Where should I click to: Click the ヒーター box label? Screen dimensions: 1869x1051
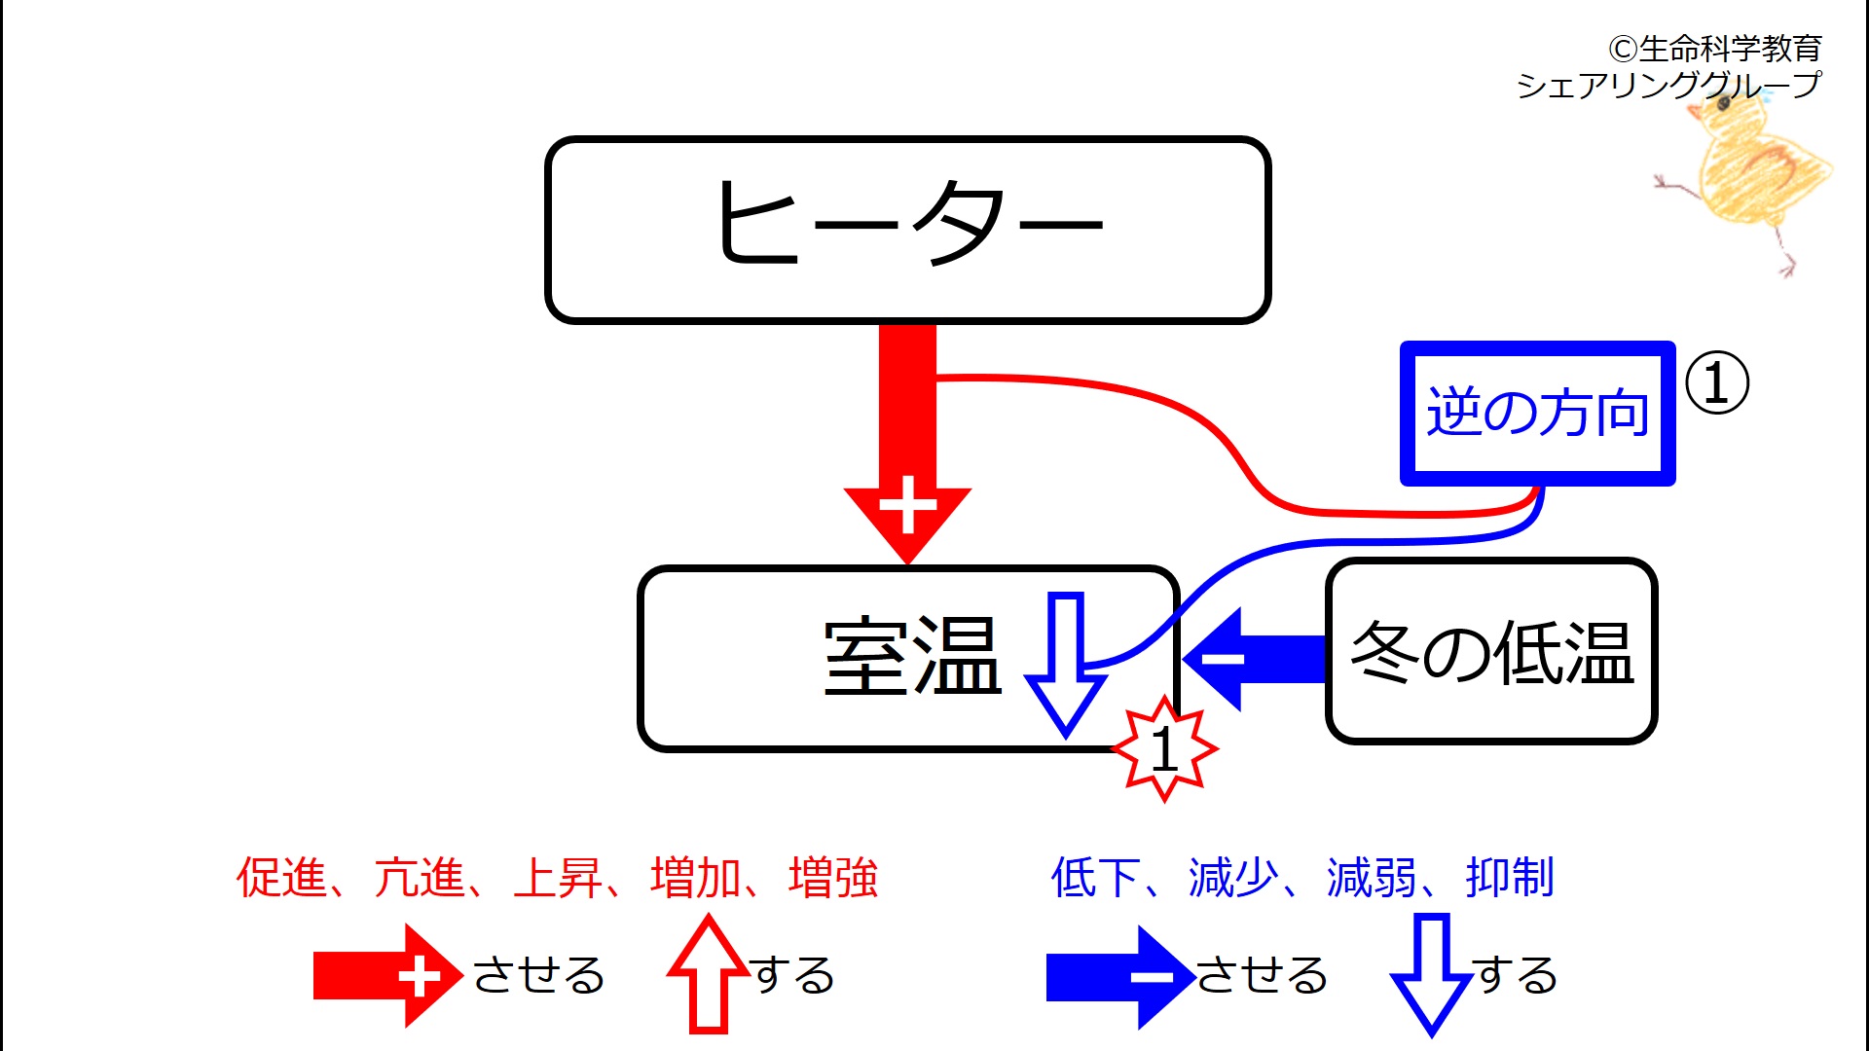click(909, 223)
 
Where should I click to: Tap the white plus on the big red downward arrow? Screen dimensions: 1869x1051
click(907, 505)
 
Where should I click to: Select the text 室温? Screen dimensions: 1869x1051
click(912, 657)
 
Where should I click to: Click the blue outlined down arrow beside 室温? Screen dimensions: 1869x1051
click(1066, 664)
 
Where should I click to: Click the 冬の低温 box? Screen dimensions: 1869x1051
click(1491, 651)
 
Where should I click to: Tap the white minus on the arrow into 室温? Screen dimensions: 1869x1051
click(1223, 659)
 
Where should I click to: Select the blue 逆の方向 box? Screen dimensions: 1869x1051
click(1537, 413)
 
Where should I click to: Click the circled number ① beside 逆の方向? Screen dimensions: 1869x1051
click(1716, 382)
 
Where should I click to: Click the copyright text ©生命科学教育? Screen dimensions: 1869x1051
click(1714, 48)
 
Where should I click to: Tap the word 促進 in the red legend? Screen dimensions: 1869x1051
click(281, 877)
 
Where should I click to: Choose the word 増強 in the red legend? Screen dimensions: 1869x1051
click(833, 877)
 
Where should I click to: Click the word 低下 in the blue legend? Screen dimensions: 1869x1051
click(1096, 877)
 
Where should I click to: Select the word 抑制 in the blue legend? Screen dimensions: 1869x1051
click(1510, 877)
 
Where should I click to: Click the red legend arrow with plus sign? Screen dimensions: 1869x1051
click(388, 976)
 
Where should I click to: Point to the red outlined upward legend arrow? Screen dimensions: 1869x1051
click(709, 974)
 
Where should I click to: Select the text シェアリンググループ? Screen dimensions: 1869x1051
click(1668, 86)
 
